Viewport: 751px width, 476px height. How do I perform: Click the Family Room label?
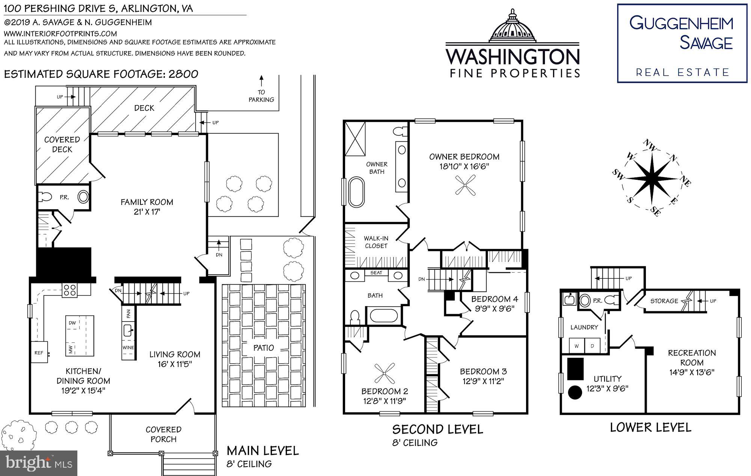click(146, 202)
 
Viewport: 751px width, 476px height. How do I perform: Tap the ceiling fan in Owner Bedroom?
click(465, 186)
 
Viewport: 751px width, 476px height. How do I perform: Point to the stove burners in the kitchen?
click(70, 290)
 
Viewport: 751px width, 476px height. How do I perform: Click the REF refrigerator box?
click(39, 353)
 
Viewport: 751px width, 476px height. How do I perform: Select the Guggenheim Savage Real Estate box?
click(682, 43)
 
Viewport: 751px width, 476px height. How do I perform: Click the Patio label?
click(264, 348)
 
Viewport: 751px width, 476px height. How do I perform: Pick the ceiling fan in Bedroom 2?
click(385, 373)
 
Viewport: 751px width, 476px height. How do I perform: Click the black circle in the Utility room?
click(575, 392)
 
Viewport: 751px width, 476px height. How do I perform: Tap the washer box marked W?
click(576, 346)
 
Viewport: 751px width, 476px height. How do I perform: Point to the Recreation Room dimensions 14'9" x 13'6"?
click(692, 372)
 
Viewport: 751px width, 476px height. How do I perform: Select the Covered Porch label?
click(163, 434)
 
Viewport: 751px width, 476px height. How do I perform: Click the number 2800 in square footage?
click(183, 74)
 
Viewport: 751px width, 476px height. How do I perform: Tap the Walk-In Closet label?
click(376, 242)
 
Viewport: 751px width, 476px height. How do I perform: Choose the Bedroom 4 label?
click(495, 299)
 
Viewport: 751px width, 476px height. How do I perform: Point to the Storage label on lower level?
click(664, 301)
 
